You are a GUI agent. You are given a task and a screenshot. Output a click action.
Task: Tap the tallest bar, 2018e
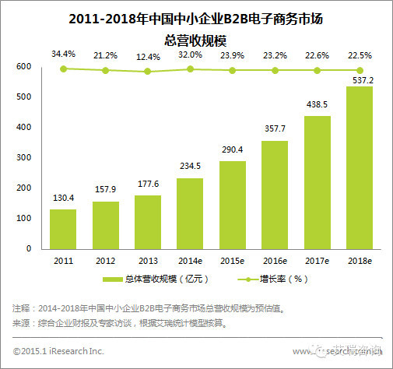358,167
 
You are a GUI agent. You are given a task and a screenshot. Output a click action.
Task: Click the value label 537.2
358,79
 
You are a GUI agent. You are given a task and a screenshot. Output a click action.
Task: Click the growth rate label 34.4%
63,54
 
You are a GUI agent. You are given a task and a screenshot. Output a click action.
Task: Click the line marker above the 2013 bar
148,72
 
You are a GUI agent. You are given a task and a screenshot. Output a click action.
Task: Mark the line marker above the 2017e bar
316,70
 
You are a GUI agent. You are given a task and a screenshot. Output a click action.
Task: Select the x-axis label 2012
105,259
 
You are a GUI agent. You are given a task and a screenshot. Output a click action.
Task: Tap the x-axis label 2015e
232,259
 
